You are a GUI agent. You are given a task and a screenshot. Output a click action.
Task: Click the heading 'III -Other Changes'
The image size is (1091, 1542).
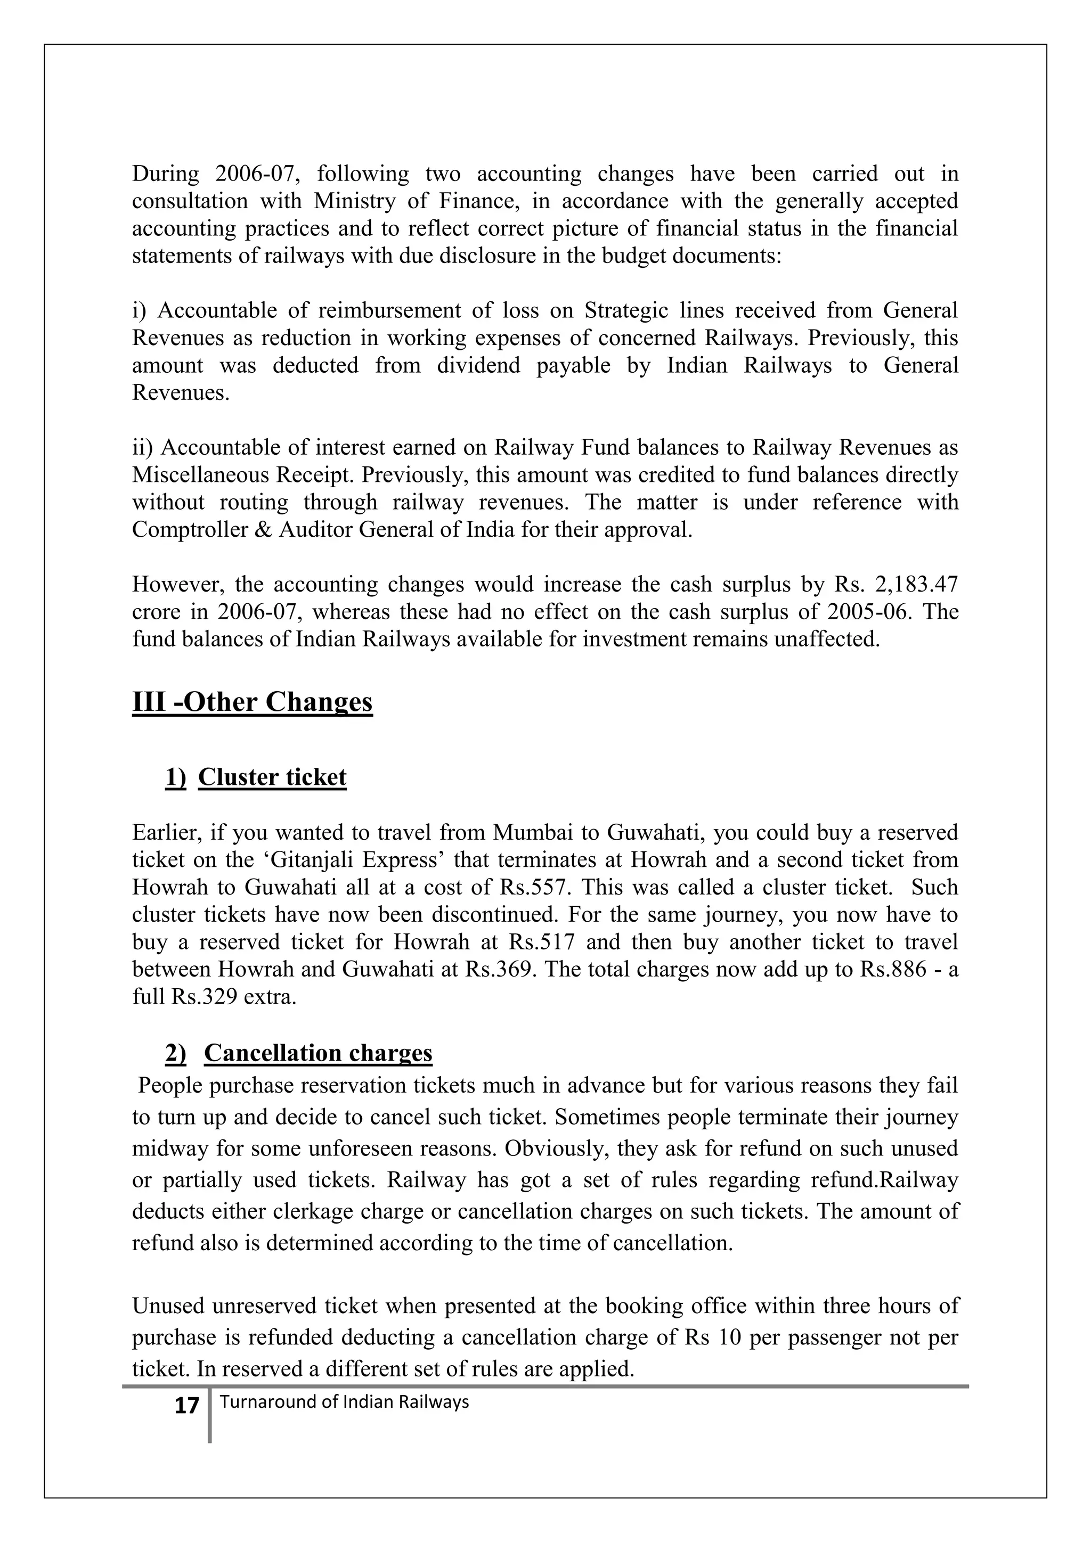252,702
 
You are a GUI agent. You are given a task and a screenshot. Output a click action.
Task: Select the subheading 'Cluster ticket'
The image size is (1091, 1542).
272,777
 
